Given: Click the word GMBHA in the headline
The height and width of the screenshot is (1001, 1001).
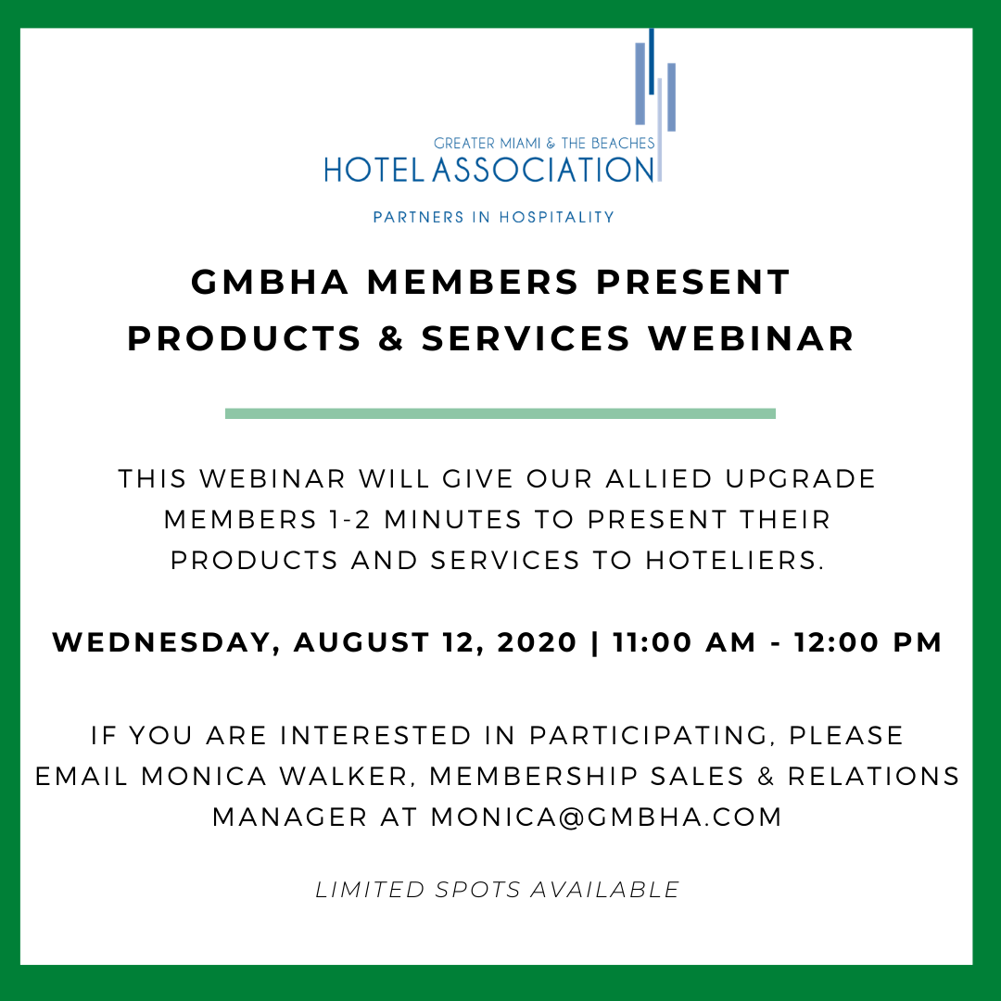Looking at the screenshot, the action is tap(270, 282).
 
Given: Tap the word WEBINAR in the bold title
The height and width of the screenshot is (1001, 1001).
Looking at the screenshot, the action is tap(751, 338).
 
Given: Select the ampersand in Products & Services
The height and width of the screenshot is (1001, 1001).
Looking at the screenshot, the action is tap(391, 338).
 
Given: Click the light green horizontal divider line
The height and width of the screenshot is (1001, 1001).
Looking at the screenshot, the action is tap(500, 413).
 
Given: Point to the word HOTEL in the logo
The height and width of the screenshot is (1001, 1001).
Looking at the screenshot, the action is tap(374, 170).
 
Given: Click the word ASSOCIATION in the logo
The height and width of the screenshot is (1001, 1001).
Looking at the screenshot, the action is tap(543, 170).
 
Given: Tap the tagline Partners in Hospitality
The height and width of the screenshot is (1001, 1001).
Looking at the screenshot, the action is tap(493, 217).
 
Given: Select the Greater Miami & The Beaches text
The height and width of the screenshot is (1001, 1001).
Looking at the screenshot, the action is tap(544, 143).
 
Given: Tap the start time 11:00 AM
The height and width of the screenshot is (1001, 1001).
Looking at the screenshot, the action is tap(684, 642).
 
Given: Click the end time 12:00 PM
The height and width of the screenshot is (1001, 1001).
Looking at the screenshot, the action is tap(868, 642).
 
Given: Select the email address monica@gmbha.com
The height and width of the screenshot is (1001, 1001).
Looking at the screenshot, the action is tap(606, 817).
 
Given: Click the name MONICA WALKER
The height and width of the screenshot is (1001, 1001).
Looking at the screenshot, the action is tap(273, 777).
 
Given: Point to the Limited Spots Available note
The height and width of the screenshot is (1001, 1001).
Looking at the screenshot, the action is tap(498, 890).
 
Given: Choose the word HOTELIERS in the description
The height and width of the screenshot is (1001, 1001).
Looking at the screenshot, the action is tap(734, 561).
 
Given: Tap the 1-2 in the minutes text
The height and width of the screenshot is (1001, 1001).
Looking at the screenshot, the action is tap(349, 520).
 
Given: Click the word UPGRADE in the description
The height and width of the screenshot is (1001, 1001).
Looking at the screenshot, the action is tap(801, 479).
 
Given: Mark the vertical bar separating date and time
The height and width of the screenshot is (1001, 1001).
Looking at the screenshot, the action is tap(595, 643).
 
